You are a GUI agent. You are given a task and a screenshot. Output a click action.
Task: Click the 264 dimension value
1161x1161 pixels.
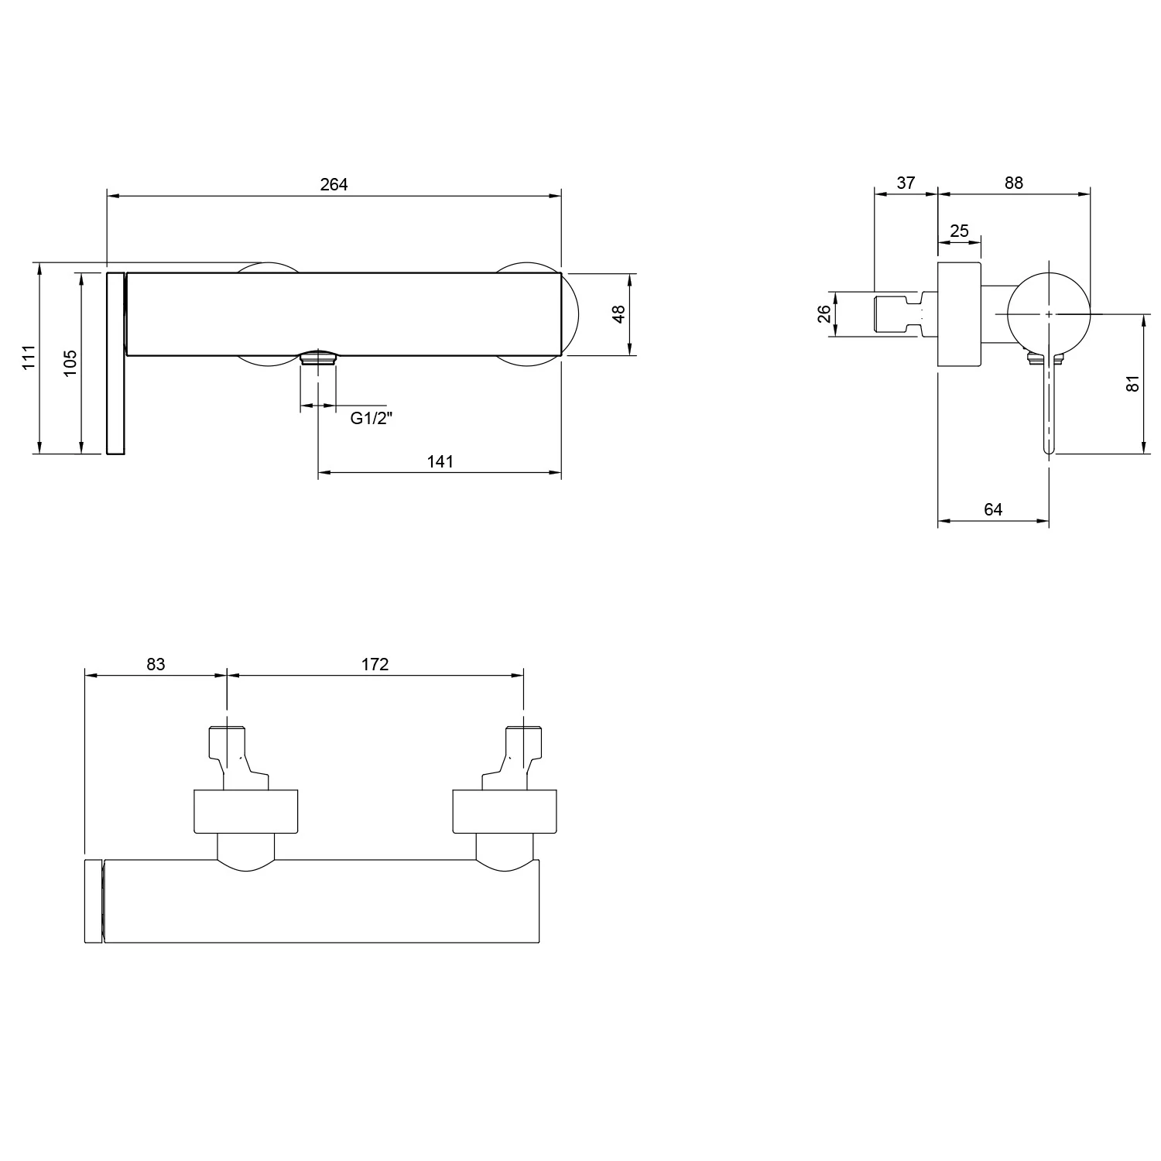click(x=334, y=184)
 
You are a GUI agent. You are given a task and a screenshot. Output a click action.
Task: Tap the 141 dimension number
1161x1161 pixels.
click(x=440, y=461)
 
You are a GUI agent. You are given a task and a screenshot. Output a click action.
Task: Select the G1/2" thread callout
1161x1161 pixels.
click(x=372, y=419)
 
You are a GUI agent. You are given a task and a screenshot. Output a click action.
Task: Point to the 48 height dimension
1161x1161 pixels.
click(x=618, y=315)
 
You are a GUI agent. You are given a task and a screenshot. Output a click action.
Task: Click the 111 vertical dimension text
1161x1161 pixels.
click(x=29, y=358)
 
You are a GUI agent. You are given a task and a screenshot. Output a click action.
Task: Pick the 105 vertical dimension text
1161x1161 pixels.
click(x=70, y=362)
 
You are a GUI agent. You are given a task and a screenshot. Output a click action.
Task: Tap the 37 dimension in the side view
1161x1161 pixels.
click(x=906, y=183)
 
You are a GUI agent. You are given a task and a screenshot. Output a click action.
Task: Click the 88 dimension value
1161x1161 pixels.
click(x=1013, y=183)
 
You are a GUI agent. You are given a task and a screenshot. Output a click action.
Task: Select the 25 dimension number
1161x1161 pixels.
click(x=959, y=231)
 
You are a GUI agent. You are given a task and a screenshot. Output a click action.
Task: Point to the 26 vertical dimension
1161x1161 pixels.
click(x=824, y=313)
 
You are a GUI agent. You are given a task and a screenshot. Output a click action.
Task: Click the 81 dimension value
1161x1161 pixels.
click(x=1133, y=383)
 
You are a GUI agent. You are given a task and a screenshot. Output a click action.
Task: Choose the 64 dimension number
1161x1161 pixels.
click(x=993, y=509)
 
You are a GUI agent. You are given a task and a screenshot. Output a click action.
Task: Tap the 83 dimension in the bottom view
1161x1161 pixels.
click(x=156, y=664)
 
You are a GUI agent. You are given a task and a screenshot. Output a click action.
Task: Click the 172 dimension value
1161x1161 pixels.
click(x=375, y=664)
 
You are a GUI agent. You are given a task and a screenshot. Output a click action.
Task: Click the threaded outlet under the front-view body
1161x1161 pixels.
click(x=318, y=358)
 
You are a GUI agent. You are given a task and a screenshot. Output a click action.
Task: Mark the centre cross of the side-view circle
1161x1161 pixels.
click(x=1049, y=314)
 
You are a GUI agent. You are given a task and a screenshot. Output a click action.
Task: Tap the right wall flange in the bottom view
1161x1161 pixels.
click(x=504, y=812)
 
